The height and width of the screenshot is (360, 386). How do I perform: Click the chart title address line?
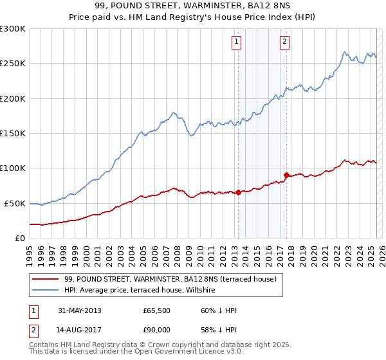[192, 6]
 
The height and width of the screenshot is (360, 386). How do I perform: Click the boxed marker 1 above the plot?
[237, 42]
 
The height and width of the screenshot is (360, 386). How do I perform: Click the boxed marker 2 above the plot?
[284, 42]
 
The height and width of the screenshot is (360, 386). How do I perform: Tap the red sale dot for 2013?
[238, 192]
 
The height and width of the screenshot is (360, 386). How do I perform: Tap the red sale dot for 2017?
[286, 175]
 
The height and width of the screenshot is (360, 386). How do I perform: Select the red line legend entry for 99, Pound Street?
[170, 279]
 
